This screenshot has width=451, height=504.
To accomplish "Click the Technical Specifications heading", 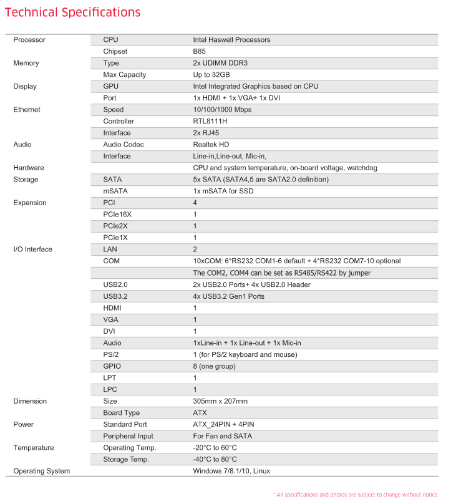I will pos(73,12).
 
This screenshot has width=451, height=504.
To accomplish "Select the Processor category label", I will pos(29,40).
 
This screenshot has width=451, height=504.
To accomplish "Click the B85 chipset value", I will pos(200,51).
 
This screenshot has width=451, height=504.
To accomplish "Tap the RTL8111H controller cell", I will pos(211,121).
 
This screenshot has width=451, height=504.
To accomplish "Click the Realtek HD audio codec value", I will pos(211,145).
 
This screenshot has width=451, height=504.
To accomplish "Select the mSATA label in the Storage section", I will pos(114,191).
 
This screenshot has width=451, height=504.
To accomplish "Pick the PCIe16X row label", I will pos(118,215).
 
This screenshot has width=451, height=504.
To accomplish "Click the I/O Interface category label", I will pos(33,250).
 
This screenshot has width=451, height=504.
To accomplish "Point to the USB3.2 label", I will pos(117,296).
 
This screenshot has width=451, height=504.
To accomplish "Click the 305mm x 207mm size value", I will pos(220,401).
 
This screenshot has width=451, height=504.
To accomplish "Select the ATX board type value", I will pos(200,413).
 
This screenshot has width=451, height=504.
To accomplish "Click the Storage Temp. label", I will pos(126,460).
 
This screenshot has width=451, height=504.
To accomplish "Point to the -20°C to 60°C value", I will pos(215,448).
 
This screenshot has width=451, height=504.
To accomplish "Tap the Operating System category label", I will pos(42,471).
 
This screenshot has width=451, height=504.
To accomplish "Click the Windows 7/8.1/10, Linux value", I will pos(232,471).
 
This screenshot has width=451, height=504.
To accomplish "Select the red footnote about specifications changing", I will pos(356,495).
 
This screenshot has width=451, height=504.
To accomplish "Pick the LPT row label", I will pos(110,378).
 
